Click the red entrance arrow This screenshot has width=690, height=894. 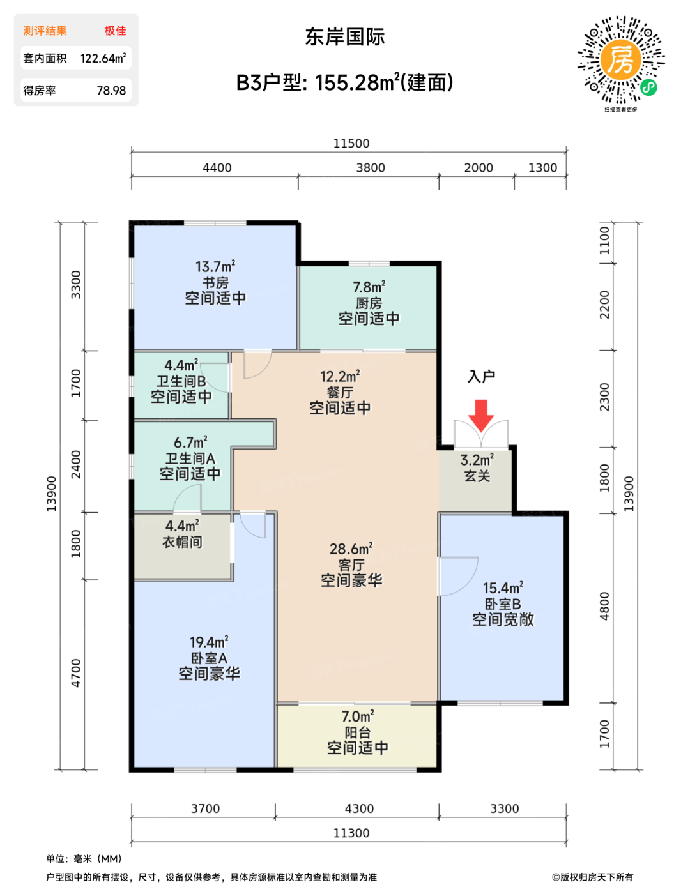click(481, 415)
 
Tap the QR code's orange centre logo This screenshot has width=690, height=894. click(621, 59)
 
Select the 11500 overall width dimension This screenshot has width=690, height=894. click(351, 143)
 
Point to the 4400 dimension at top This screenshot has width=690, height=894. click(217, 168)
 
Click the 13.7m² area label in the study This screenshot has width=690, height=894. click(215, 266)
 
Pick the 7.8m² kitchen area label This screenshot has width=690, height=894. click(369, 287)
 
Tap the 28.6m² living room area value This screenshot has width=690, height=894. click(351, 549)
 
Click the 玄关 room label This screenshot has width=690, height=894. click(477, 476)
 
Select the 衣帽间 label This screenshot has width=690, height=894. click(182, 542)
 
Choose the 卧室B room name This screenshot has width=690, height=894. click(503, 604)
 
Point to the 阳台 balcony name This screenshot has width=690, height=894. click(358, 732)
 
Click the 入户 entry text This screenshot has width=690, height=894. click(481, 377)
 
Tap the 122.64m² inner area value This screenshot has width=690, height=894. click(103, 58)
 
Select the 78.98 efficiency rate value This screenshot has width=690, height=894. click(112, 91)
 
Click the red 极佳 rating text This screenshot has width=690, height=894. click(115, 31)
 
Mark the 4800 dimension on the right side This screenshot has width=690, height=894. click(604, 606)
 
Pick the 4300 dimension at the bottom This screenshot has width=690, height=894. click(359, 808)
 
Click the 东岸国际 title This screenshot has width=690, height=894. click(345, 37)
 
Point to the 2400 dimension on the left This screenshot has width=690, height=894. click(76, 464)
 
